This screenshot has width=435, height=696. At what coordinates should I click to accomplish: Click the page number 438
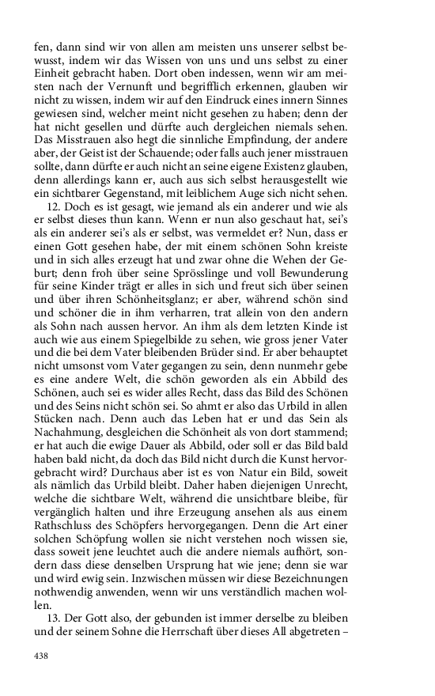pos(41,656)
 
